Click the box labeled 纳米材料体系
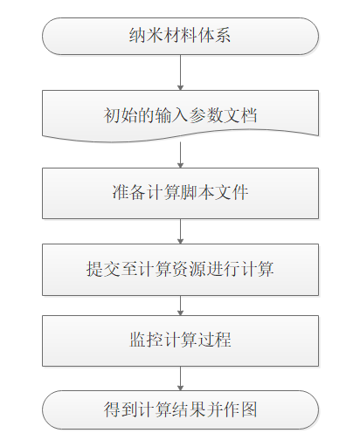click(180, 36)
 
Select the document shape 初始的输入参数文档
click(180, 115)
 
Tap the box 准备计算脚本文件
click(180, 193)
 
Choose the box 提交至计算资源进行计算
click(180, 270)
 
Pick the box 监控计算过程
click(180, 340)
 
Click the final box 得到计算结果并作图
click(180, 409)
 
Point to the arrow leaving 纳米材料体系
click(180, 72)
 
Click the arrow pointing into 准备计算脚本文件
click(180, 155)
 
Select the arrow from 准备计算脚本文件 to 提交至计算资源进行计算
click(180, 231)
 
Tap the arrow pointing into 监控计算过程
click(180, 306)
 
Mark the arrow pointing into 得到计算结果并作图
click(180, 378)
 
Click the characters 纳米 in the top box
click(146, 36)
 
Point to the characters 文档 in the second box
click(240, 115)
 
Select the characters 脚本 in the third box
click(197, 192)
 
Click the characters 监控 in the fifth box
click(146, 340)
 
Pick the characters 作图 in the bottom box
click(240, 409)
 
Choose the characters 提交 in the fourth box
click(103, 269)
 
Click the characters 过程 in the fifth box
click(215, 340)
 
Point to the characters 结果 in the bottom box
click(189, 409)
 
